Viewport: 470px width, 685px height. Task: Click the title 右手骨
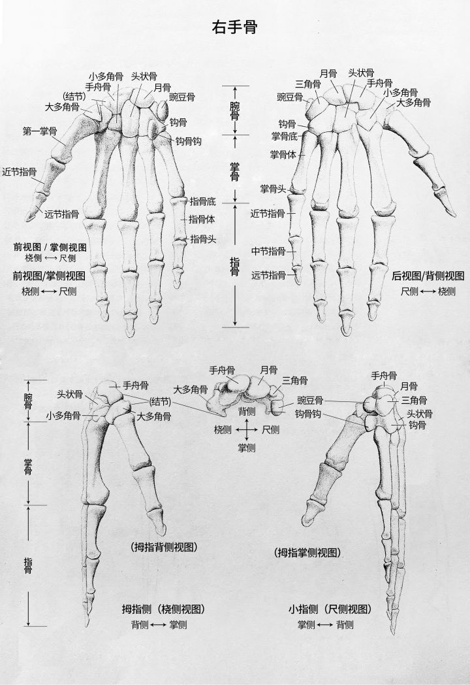[234, 27]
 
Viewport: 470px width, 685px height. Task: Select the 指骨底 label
[202, 201]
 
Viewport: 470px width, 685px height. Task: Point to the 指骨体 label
[202, 219]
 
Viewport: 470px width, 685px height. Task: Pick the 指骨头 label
[202, 239]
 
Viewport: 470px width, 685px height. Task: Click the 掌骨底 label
[284, 136]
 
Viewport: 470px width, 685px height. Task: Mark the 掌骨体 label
[283, 155]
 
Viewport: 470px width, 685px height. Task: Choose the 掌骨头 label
[274, 189]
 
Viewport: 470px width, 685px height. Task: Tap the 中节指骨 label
[268, 251]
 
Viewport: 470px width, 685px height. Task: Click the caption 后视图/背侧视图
[428, 276]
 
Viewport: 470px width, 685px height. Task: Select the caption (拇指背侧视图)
[164, 546]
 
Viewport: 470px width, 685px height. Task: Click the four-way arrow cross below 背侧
[247, 429]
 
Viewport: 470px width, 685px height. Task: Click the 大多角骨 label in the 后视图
[413, 103]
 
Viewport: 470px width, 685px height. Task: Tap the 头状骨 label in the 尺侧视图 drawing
[418, 414]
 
